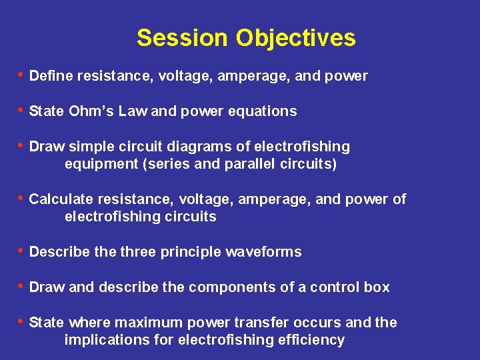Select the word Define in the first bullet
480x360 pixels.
point(51,76)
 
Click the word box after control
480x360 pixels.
point(377,287)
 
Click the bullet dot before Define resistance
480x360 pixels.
point(20,75)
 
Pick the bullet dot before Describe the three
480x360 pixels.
point(20,251)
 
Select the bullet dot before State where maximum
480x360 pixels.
point(20,322)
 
